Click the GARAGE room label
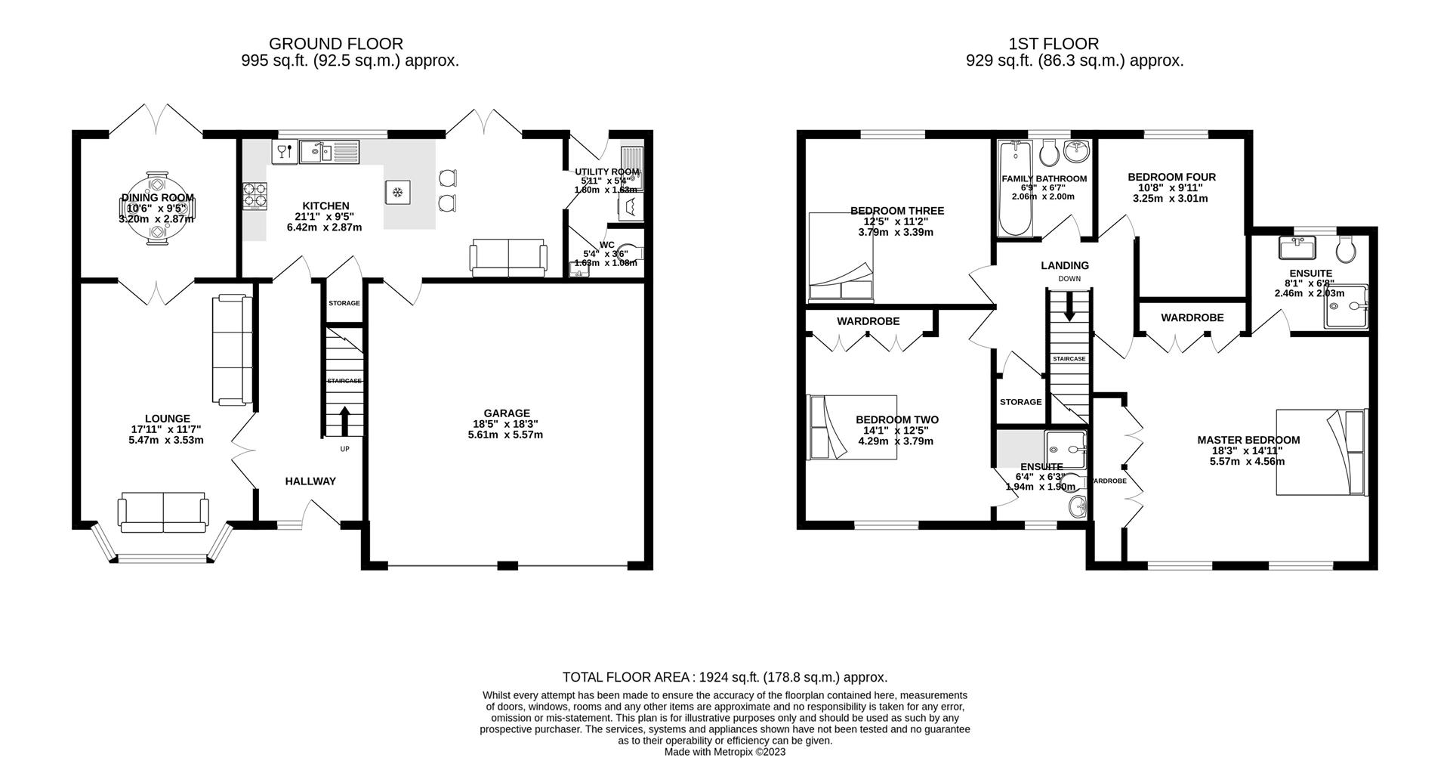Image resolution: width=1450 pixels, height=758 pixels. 506,413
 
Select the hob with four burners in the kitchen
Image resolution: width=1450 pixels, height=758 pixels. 255,196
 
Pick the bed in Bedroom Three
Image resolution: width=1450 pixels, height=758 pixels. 841,258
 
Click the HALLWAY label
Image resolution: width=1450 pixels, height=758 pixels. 310,481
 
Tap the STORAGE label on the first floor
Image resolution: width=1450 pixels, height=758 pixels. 1020,402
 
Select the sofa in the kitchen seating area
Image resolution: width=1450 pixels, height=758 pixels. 508,258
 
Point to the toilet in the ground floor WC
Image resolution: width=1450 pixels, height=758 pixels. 633,254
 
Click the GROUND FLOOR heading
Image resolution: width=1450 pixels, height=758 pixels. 335,44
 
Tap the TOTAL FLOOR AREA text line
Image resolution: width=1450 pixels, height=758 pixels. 724,677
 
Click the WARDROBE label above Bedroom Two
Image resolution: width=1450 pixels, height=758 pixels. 868,321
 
